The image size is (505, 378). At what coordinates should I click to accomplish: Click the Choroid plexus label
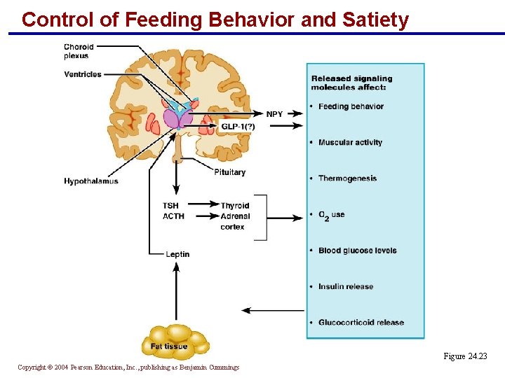click(79, 51)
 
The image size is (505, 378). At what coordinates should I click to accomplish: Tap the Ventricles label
click(83, 74)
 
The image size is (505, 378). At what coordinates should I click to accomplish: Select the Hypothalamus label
click(91, 181)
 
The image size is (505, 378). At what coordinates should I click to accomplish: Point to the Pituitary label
click(230, 172)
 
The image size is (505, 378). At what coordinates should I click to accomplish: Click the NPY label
click(275, 113)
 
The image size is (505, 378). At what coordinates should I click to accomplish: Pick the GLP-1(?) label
click(238, 126)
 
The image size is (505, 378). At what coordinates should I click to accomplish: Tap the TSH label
click(170, 206)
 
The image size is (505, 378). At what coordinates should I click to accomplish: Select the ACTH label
click(173, 216)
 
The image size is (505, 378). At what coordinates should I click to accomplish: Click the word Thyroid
click(235, 206)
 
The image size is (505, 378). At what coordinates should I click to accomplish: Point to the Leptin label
click(177, 254)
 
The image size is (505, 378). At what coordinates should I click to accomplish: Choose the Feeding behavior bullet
click(351, 106)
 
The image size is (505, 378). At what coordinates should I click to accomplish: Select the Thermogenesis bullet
click(347, 178)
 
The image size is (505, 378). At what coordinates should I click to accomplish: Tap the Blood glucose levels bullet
click(357, 251)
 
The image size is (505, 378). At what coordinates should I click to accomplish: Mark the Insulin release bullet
click(346, 286)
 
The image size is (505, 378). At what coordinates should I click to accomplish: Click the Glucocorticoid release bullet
click(361, 323)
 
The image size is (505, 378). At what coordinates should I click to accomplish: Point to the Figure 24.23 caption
click(464, 356)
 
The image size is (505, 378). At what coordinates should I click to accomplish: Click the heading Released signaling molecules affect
click(351, 83)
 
